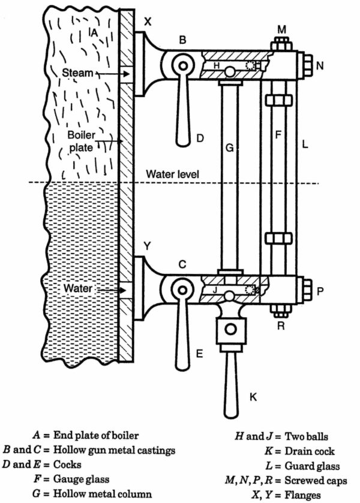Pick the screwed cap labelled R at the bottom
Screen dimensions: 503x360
[280, 311]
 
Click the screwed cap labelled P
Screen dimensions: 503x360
[305, 290]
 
